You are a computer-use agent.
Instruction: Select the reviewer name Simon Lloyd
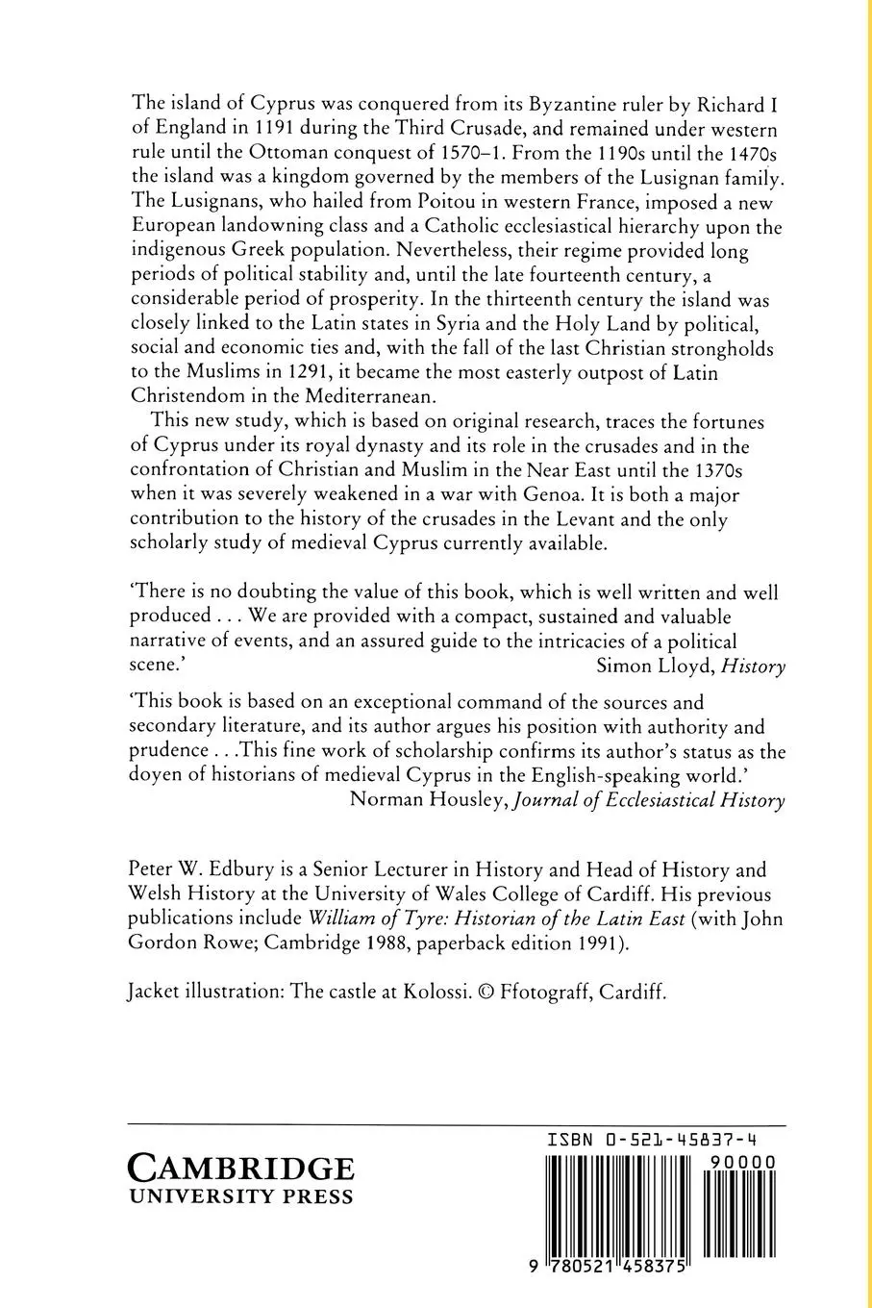click(653, 666)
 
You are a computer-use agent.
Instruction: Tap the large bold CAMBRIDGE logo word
click(241, 1170)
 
